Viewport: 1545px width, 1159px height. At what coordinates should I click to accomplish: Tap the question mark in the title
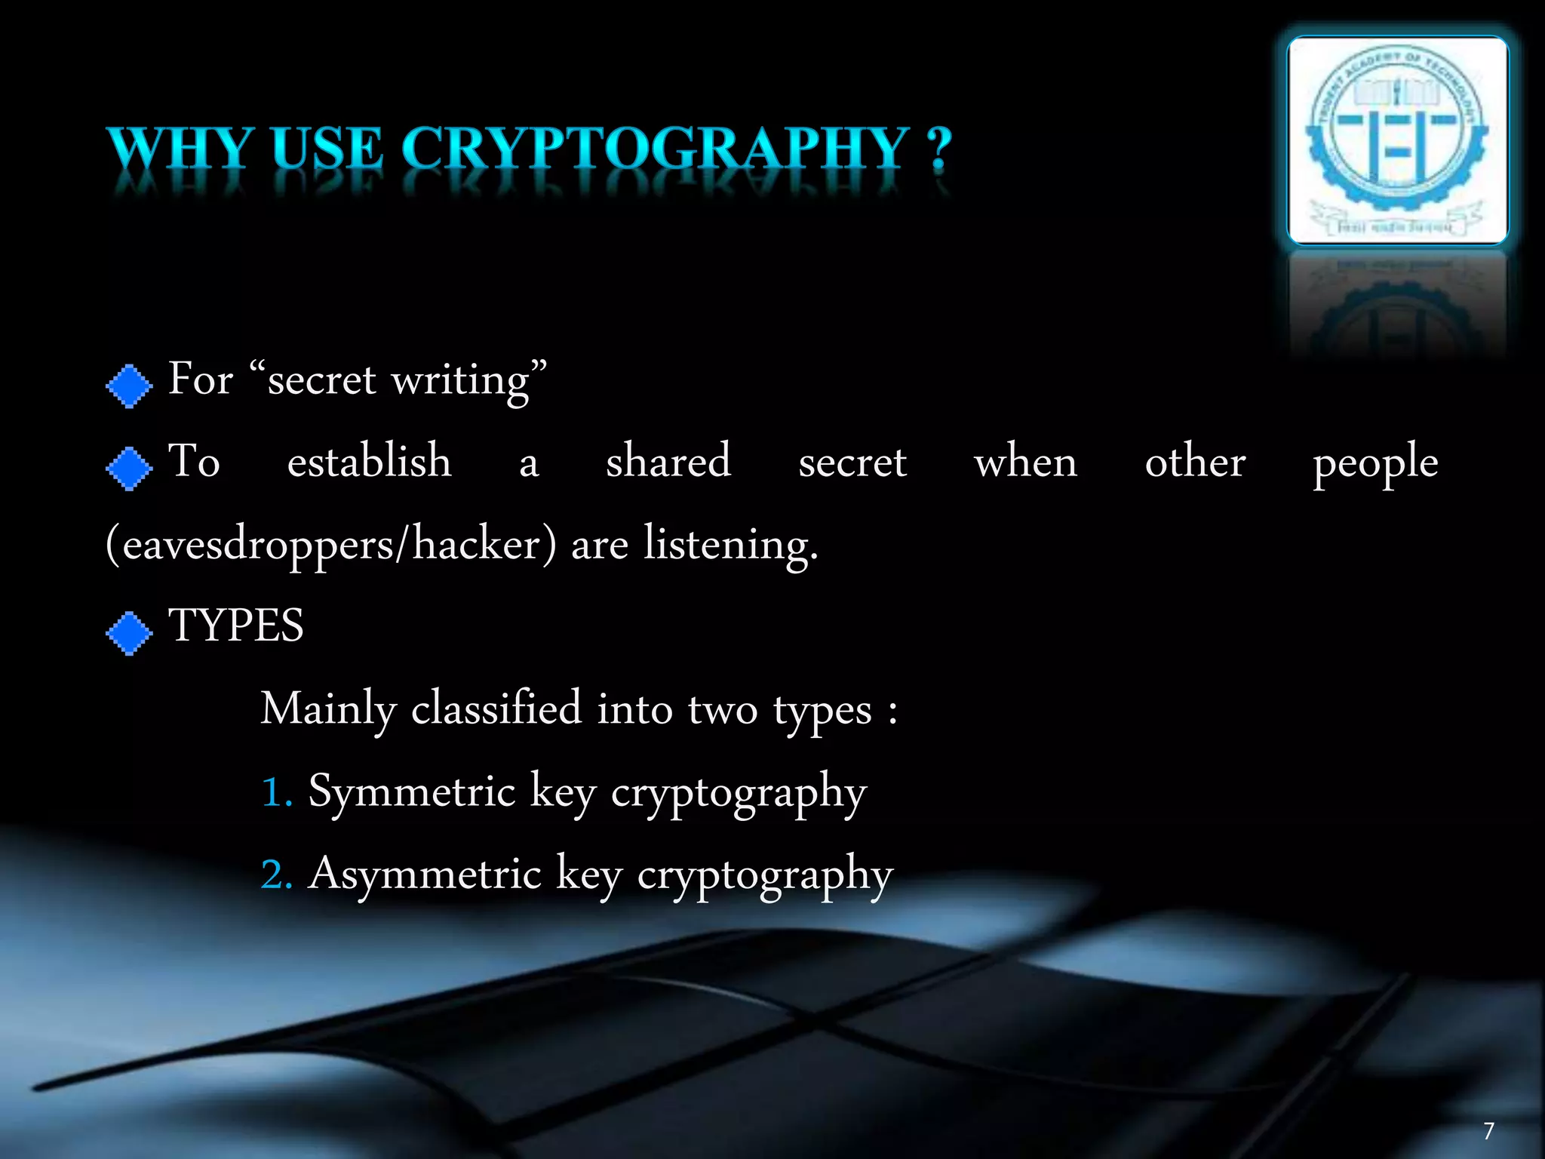(939, 149)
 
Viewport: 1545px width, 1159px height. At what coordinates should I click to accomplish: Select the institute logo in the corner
(1397, 140)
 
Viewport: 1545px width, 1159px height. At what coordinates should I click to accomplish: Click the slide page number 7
(1488, 1130)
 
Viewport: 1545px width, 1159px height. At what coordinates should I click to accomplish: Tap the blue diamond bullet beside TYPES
(130, 632)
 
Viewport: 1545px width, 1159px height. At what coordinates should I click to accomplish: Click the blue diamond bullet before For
(130, 386)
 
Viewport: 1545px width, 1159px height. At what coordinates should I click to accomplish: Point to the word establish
(369, 461)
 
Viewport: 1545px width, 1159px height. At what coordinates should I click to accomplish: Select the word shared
(668, 461)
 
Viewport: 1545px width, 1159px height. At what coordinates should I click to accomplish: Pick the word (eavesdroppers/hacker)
(331, 544)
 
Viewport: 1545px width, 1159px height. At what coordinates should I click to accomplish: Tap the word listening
(729, 546)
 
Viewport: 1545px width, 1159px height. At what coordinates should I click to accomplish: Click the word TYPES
(236, 626)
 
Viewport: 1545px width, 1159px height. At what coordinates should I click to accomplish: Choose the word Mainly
(328, 710)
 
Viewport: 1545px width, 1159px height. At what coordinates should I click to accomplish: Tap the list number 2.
(274, 876)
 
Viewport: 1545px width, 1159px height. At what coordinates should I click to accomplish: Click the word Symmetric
(412, 792)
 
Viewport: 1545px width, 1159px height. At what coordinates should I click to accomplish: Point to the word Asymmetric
(425, 875)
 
